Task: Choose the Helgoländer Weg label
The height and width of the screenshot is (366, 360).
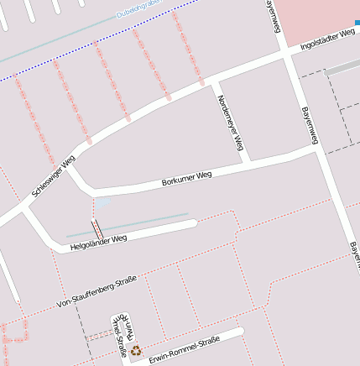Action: (x=98, y=242)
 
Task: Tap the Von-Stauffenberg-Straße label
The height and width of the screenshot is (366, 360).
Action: (x=97, y=290)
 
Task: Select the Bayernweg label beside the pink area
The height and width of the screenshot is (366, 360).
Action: (x=272, y=17)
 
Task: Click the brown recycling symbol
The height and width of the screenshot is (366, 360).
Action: (x=136, y=350)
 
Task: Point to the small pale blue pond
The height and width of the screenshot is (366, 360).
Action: (x=102, y=204)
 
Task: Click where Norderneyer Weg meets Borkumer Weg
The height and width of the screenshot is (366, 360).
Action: (x=245, y=159)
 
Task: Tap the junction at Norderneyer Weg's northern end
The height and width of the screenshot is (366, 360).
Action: (x=213, y=81)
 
